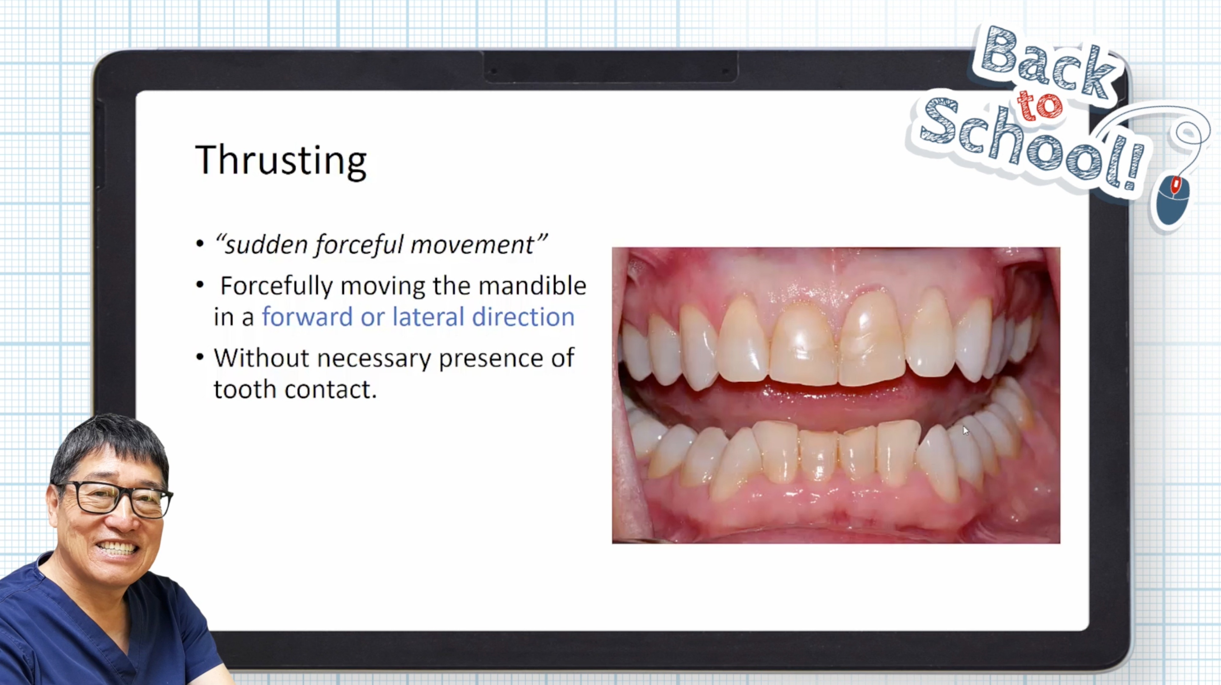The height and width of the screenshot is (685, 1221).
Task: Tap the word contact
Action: click(x=331, y=390)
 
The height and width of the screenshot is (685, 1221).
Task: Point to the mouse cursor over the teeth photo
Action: click(x=966, y=430)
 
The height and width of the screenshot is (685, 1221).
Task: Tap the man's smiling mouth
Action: click(x=116, y=549)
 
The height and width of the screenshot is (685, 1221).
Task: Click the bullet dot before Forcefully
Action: click(x=200, y=285)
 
